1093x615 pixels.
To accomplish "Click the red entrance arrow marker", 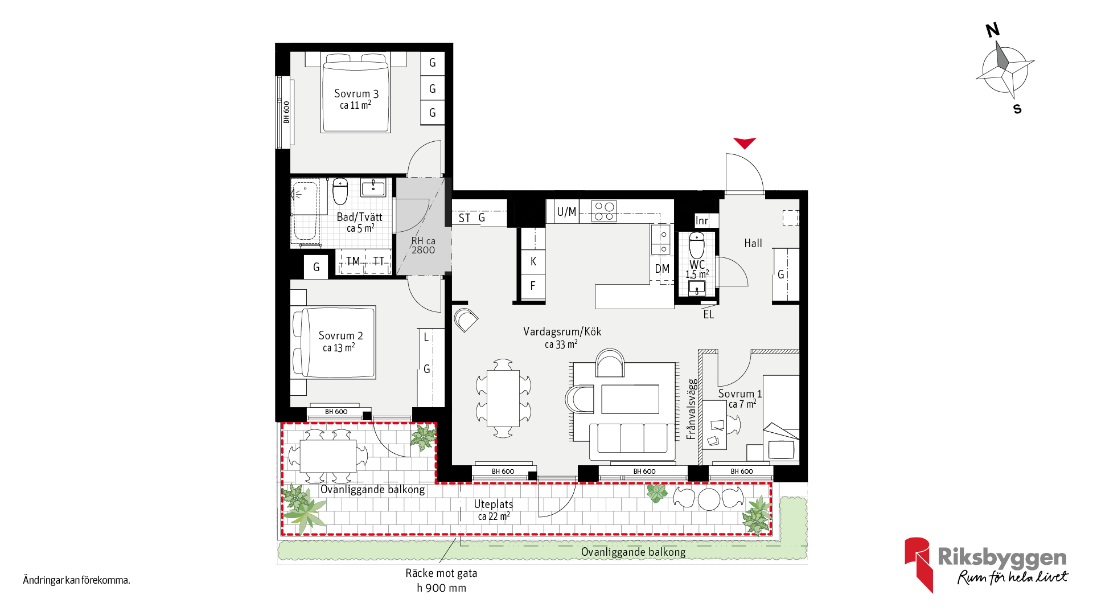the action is point(744,142).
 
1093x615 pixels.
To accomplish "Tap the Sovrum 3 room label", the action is point(356,94).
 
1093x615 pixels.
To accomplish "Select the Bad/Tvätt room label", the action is point(359,217).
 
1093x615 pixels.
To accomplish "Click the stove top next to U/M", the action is point(604,211).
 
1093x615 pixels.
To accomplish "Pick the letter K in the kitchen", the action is point(533,261).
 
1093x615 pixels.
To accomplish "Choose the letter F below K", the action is point(533,286).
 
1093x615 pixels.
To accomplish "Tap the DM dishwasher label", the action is point(662,269).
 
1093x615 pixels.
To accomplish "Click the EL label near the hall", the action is point(708,314).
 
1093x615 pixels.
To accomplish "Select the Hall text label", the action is point(753,243).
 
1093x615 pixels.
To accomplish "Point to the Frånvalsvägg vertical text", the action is point(691,409).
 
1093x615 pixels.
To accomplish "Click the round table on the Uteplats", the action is point(709,499).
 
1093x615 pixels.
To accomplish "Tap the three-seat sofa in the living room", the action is point(632,441).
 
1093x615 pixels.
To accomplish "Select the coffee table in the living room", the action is point(630,399).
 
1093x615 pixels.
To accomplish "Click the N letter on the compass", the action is point(993,30).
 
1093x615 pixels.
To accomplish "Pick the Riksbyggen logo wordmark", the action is point(1002,557).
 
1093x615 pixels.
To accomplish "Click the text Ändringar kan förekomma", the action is point(77,580).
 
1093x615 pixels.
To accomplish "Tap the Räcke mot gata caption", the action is point(441,573).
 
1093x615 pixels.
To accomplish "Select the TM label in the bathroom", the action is point(353,261).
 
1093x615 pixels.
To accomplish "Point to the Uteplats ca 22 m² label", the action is point(494,510).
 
